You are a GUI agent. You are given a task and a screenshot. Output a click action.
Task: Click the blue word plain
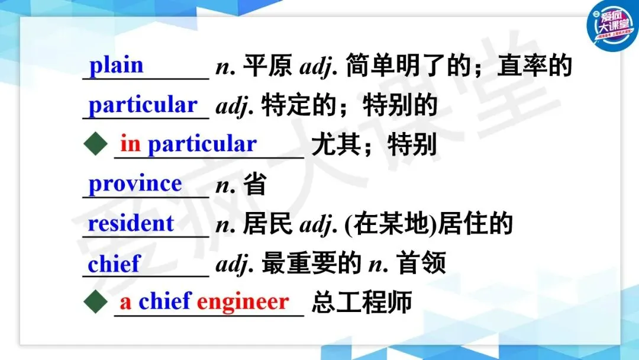point(116,65)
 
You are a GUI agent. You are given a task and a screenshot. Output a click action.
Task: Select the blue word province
point(135,184)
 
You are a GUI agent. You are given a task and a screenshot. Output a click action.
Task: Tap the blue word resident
point(131,223)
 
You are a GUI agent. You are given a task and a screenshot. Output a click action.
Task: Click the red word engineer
point(243,303)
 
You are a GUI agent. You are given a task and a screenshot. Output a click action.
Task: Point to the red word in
point(130,143)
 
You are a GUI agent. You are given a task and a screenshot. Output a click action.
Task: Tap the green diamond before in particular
point(95,143)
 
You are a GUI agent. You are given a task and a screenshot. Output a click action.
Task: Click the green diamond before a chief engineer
point(95,302)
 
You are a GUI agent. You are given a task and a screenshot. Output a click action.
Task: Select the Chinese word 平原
point(267,65)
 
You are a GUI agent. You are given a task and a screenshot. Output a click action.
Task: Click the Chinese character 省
point(255,184)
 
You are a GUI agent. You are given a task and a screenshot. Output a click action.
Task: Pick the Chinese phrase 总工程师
point(362,302)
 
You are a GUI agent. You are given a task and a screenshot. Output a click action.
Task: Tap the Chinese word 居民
point(267,223)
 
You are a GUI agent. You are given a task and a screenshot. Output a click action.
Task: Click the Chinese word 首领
point(421,263)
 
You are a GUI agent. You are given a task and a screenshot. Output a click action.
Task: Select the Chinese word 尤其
point(336,144)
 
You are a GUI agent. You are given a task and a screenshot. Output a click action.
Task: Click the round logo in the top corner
point(612,25)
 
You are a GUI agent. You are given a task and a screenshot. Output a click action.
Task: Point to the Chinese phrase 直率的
point(535,65)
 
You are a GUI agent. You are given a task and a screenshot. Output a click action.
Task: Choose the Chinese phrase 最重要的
point(311,263)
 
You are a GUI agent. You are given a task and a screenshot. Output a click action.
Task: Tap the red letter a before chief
point(125,303)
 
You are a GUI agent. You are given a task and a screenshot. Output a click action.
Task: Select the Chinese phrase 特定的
point(298,105)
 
